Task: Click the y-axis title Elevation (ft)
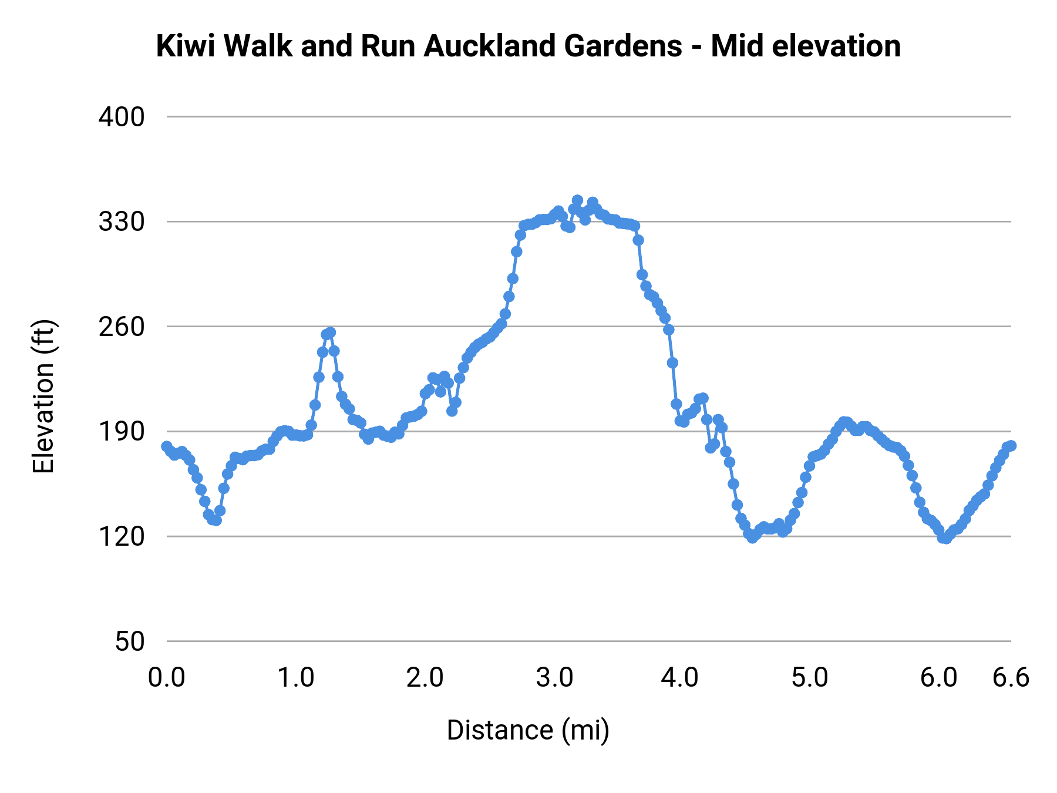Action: coord(43,396)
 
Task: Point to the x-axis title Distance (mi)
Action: coord(528,730)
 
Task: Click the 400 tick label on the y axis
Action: coord(122,117)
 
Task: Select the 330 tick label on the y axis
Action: coord(122,222)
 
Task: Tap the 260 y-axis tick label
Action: coord(122,327)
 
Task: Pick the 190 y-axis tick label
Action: coord(122,432)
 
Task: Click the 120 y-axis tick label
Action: coord(122,536)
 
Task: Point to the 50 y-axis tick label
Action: coord(129,641)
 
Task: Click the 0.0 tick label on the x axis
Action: coord(167,678)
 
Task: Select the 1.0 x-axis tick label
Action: coord(295,678)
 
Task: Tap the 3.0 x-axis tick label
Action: coord(554,678)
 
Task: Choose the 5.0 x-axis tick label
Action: coord(809,678)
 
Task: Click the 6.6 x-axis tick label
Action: coord(1011,678)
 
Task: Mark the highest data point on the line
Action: coord(577,200)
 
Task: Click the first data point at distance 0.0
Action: coord(167,446)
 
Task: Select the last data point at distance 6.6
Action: coord(1011,446)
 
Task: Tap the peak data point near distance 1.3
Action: coord(330,332)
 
